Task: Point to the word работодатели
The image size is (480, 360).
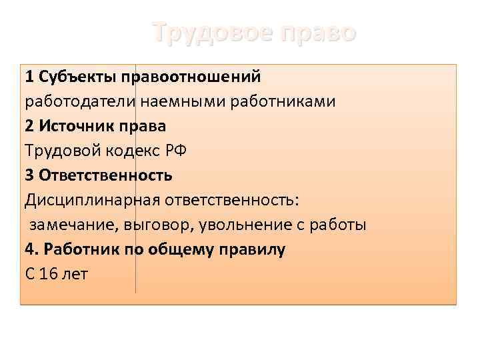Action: coord(81,101)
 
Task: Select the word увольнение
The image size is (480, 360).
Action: coord(243,225)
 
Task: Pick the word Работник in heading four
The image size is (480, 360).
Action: coord(77,249)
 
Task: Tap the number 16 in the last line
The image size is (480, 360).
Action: coord(49,274)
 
